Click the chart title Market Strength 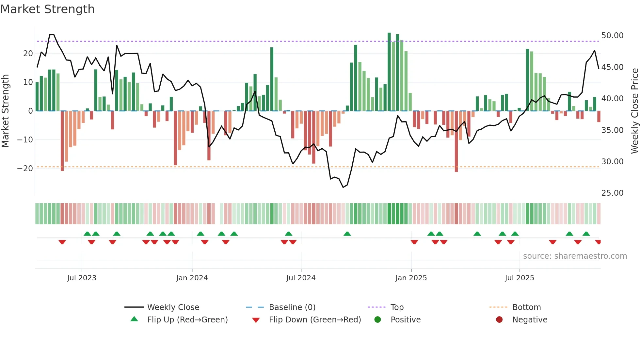(x=47, y=9)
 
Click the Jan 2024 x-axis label (x=192, y=278)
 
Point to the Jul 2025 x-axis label (x=519, y=278)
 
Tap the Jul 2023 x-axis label (x=82, y=278)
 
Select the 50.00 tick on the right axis (x=612, y=36)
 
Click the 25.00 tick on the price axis (x=612, y=193)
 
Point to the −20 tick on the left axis (x=25, y=169)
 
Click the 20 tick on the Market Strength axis (x=28, y=54)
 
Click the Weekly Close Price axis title (x=634, y=111)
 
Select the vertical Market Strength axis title (x=6, y=111)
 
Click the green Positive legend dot (x=378, y=320)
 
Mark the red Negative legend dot (x=499, y=320)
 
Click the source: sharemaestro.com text (x=575, y=256)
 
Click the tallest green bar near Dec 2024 (x=389, y=72)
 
